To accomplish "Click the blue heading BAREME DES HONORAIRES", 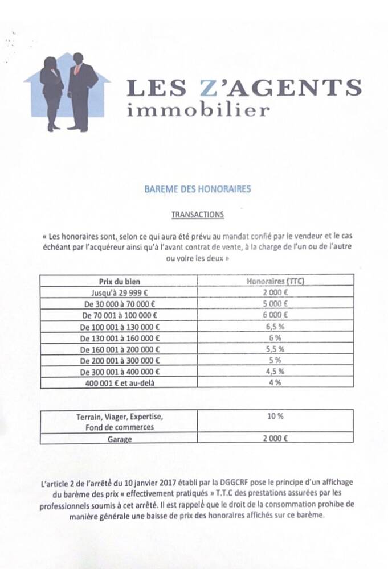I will tap(197, 189).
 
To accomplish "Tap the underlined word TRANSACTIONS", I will tap(198, 215).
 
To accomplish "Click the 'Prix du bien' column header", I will tap(120, 281).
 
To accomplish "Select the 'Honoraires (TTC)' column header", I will tap(276, 281).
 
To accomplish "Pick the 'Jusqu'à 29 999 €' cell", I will tap(120, 292).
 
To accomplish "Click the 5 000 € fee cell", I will tap(275, 304).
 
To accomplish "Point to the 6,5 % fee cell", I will tap(275, 327).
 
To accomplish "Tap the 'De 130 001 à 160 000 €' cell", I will tap(120, 338).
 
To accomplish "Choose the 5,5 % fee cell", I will tap(275, 349).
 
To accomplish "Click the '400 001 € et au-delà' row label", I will tap(120, 383).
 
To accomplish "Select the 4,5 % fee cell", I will tap(275, 372).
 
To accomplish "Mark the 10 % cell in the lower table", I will tap(275, 416).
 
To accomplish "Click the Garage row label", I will tap(120, 439).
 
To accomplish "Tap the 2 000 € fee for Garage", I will tap(275, 439).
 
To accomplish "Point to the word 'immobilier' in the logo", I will tap(198, 109).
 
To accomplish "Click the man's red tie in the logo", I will tap(77, 69).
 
